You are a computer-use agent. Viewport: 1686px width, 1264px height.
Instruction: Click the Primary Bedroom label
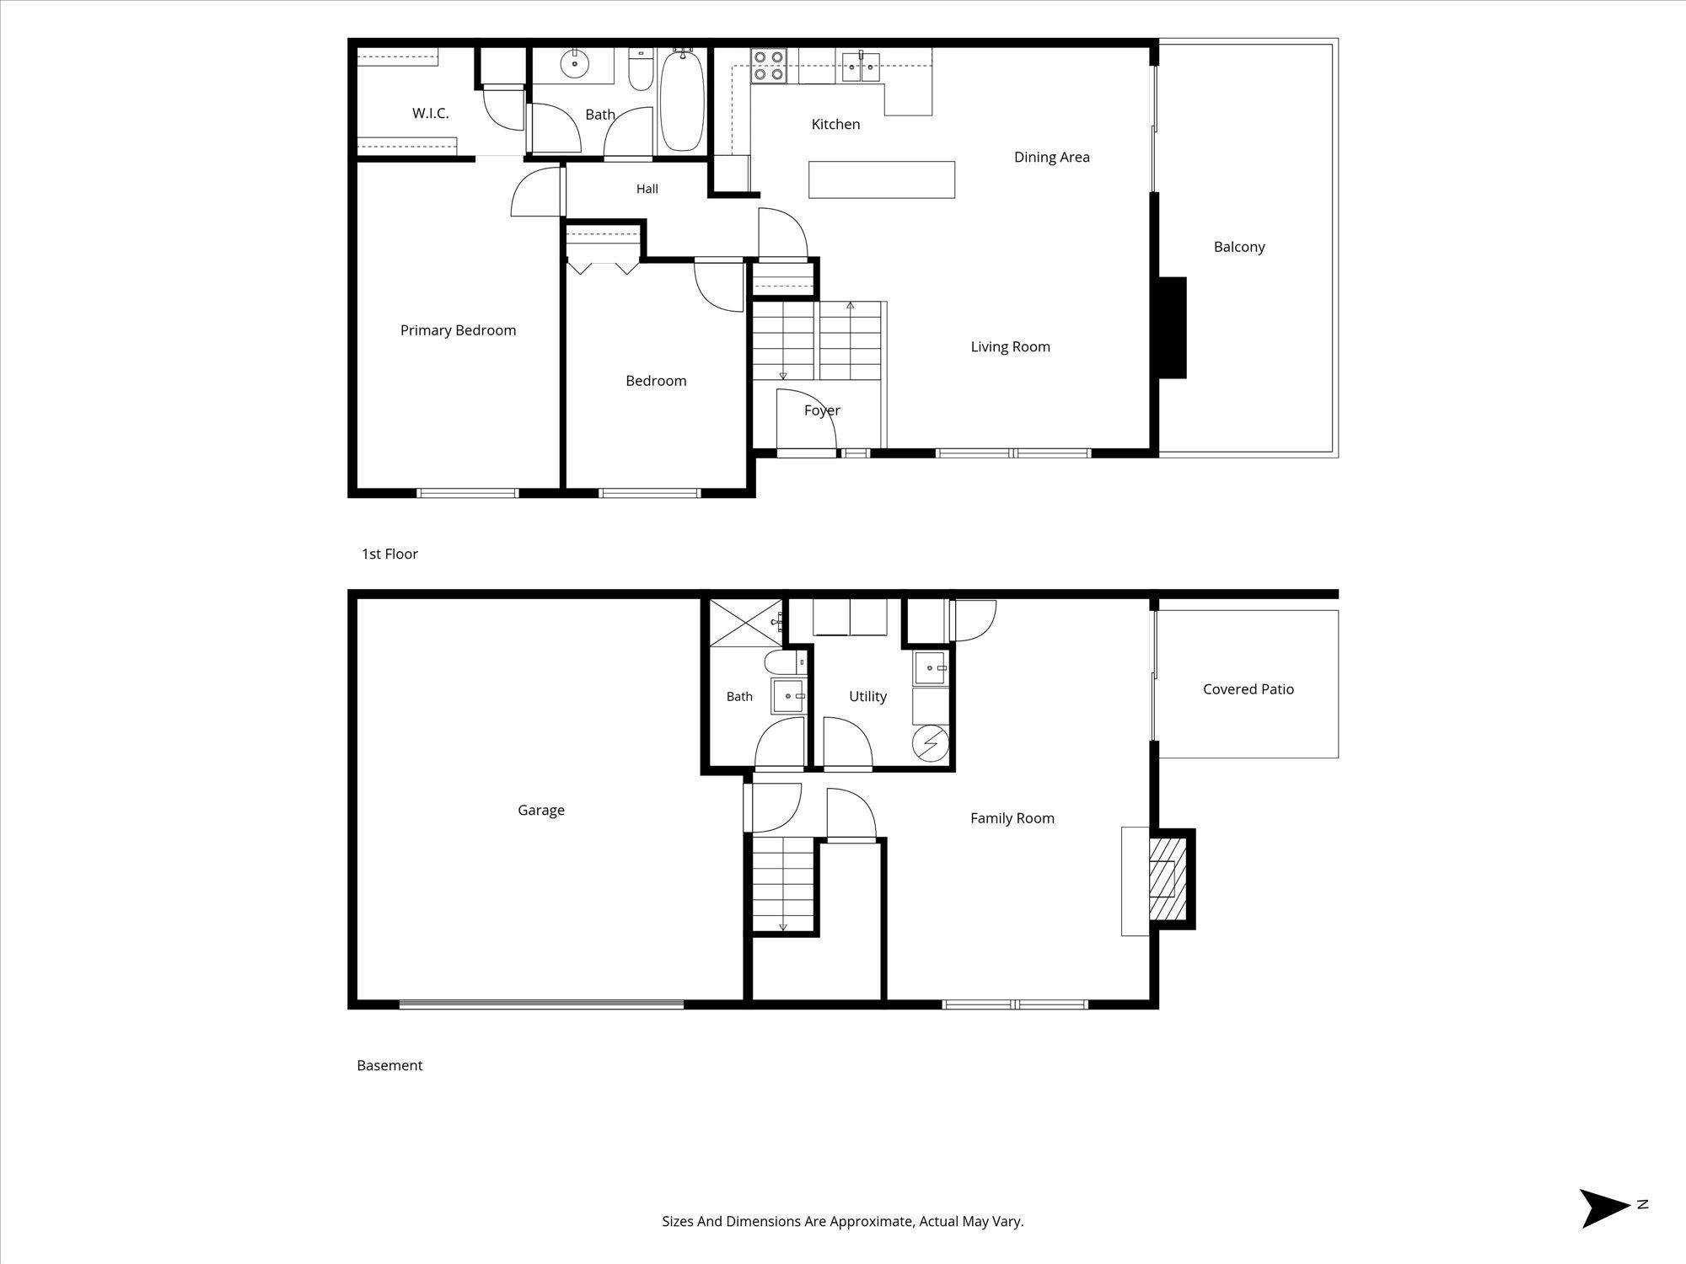point(458,330)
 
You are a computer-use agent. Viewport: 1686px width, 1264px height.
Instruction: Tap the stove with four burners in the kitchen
point(768,66)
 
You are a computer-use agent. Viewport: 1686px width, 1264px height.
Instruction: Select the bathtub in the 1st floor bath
point(681,100)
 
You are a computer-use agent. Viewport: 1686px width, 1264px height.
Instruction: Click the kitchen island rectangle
point(882,179)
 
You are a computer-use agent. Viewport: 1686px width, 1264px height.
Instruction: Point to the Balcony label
point(1239,247)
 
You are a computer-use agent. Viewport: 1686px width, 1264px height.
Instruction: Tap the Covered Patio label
point(1248,689)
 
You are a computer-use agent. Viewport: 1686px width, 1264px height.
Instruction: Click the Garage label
point(541,810)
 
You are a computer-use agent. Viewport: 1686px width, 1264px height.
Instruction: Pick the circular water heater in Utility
point(931,743)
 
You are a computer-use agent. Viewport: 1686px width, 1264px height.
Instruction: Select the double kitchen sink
point(861,66)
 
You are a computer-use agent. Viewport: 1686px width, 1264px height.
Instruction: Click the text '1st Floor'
point(389,554)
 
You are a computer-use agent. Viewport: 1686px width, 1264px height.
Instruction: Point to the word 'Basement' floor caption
point(389,1065)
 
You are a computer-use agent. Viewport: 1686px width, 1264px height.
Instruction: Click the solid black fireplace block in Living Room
point(1172,328)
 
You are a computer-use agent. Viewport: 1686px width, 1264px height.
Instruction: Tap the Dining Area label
point(1051,157)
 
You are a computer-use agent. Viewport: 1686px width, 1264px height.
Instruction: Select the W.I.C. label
point(430,113)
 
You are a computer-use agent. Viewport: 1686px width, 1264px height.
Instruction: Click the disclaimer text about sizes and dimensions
point(843,1221)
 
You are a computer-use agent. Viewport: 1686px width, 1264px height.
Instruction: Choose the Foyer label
point(822,410)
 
